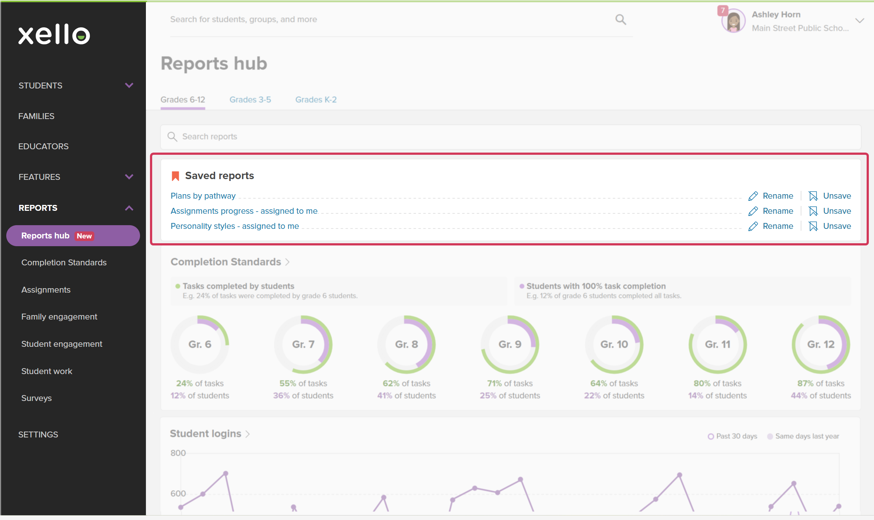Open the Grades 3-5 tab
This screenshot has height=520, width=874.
click(x=250, y=100)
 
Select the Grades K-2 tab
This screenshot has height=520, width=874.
click(x=316, y=100)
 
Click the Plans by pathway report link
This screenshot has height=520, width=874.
click(x=203, y=196)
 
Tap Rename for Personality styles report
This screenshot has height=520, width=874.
click(x=771, y=226)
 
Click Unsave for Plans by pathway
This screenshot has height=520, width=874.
click(x=830, y=196)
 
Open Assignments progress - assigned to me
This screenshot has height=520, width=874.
click(x=244, y=211)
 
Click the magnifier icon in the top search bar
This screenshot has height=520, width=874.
click(x=621, y=20)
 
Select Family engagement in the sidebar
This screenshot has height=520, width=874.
click(x=59, y=317)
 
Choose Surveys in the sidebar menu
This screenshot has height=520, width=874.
click(x=36, y=398)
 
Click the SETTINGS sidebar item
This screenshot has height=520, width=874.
click(x=38, y=435)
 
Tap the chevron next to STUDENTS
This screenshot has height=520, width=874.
click(x=129, y=85)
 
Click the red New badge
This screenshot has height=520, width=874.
click(x=84, y=236)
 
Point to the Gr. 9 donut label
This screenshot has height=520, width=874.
click(x=510, y=344)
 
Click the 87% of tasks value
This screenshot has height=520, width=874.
click(x=821, y=383)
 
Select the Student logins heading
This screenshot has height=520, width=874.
click(x=206, y=433)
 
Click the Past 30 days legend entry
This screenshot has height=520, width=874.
click(x=733, y=436)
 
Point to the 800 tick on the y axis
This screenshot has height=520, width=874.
click(x=178, y=453)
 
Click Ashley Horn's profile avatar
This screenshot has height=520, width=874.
click(x=733, y=21)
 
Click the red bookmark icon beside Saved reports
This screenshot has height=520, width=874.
click(x=175, y=176)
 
